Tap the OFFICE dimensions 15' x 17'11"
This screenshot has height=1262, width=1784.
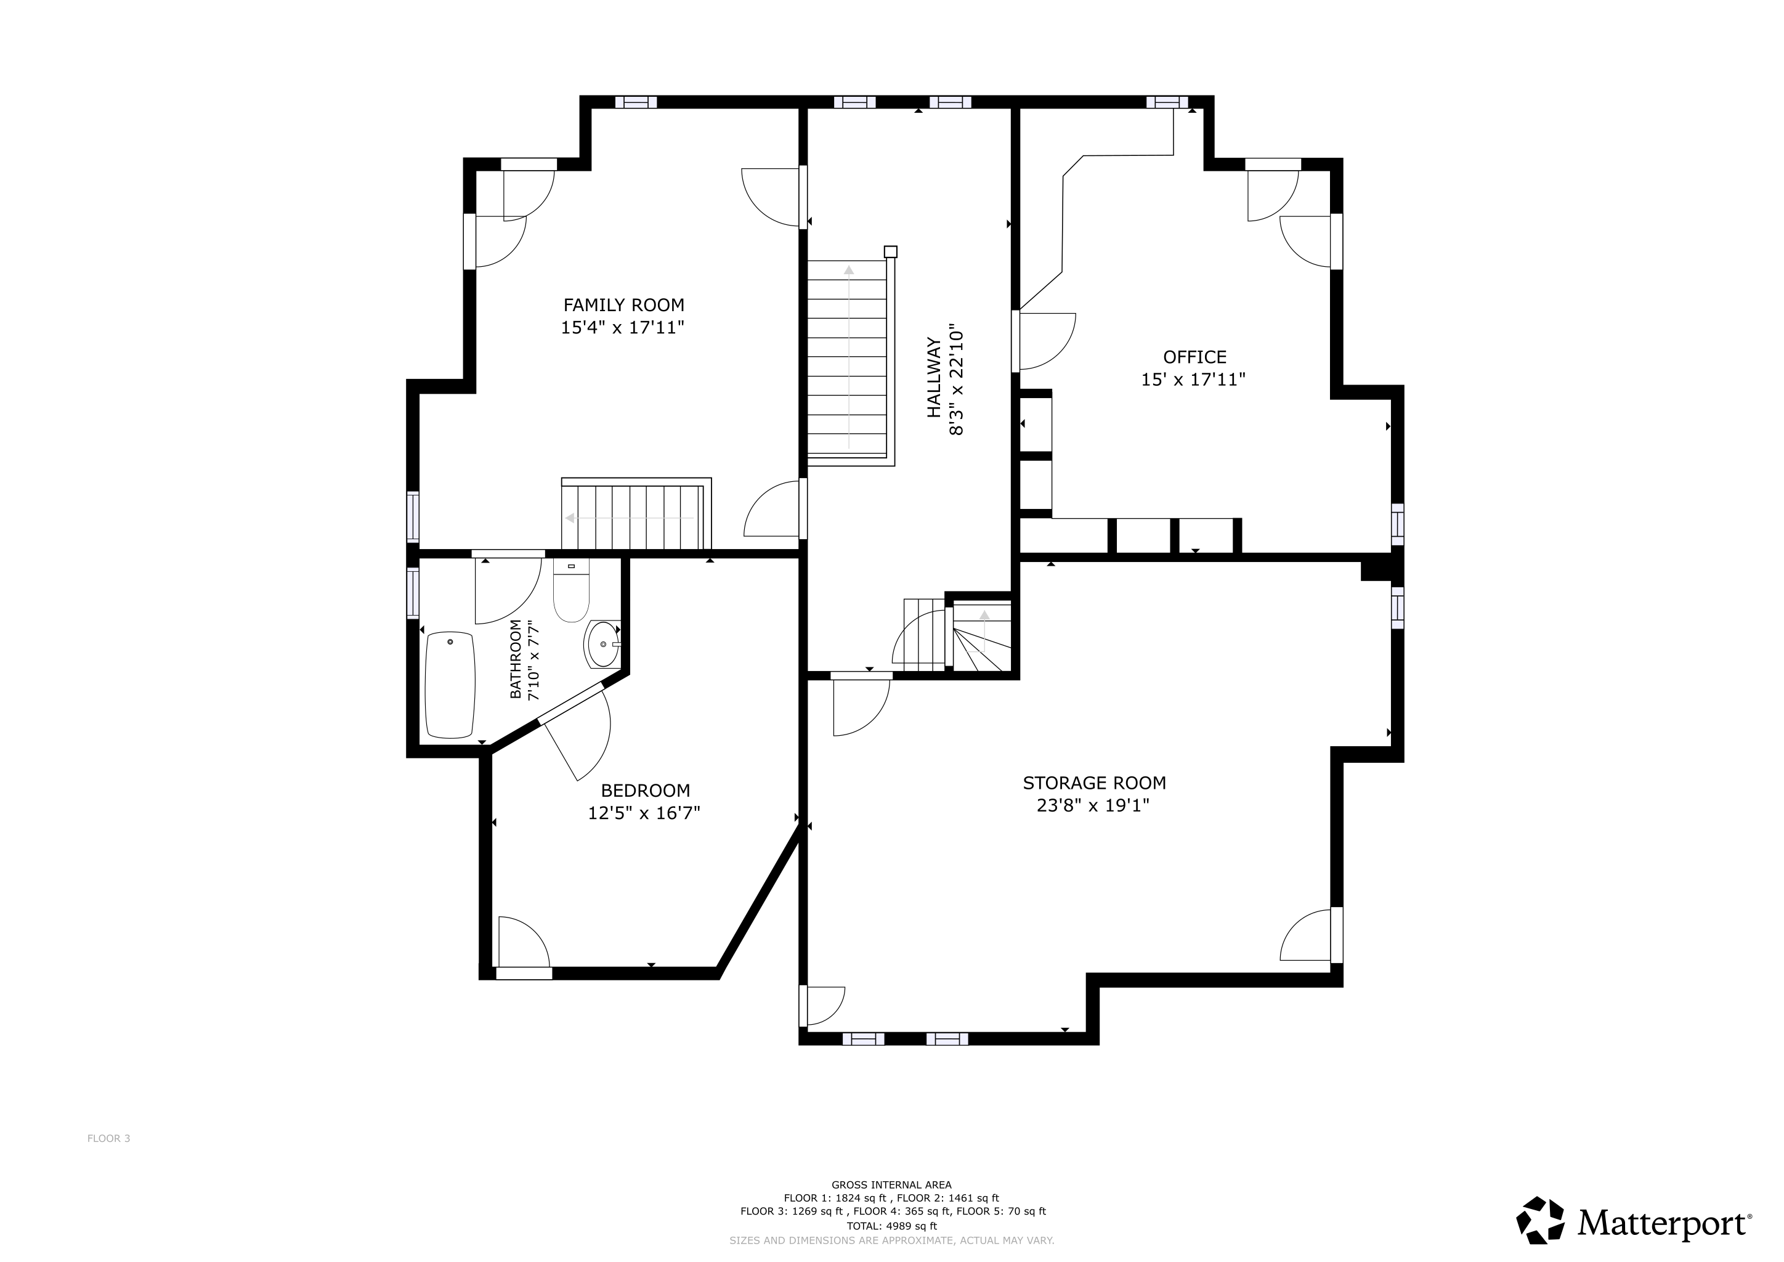[x=1193, y=380]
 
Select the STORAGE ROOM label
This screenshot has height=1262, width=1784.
[x=1093, y=783]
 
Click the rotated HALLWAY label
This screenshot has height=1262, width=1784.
[x=933, y=378]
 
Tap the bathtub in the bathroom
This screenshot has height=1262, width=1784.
[x=450, y=685]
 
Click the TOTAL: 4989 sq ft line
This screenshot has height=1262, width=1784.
[x=891, y=1226]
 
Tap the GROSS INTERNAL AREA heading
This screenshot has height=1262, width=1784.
[x=891, y=1185]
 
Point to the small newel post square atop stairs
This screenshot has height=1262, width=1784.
[x=890, y=252]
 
